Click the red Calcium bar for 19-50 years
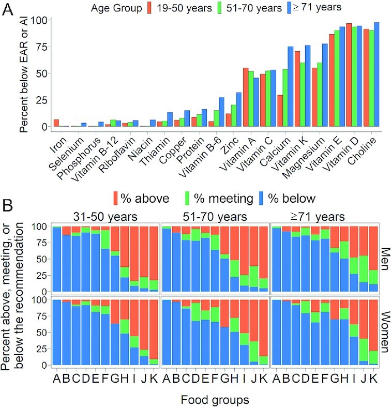[x=280, y=111]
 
